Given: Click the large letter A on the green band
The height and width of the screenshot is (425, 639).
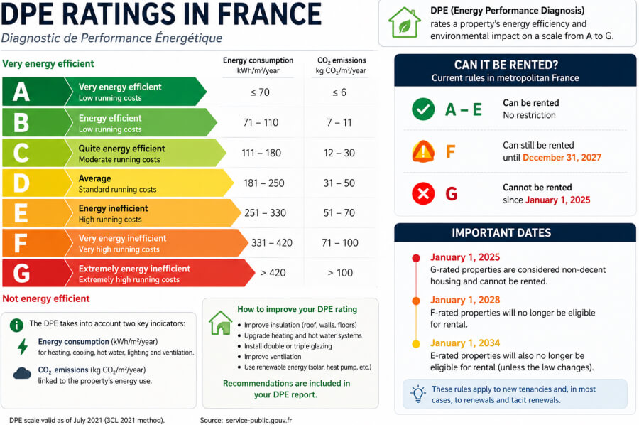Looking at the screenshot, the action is coord(21,92).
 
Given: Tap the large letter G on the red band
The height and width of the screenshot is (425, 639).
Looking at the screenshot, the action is coord(21,273).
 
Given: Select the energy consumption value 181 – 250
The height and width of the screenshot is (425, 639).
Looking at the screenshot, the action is coord(263,183).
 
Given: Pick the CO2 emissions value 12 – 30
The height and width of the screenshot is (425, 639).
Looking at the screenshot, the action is coord(339,153).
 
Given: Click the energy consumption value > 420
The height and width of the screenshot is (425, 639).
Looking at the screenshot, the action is coord(273,273).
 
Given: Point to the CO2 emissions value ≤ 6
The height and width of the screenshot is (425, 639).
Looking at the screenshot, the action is coord(339,92).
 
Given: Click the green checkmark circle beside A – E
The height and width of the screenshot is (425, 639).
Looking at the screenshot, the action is coord(423,109).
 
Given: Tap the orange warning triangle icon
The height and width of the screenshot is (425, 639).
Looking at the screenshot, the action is coord(423,151).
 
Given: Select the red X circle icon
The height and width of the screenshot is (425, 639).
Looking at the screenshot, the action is coord(423,193).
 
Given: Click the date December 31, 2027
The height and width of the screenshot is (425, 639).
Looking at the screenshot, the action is coord(562,158).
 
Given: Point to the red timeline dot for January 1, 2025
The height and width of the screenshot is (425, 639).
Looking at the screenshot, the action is coord(415,258).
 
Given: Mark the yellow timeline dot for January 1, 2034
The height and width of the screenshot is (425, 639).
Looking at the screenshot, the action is coord(415,343).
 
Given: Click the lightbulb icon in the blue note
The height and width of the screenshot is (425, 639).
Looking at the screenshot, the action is coord(418,394).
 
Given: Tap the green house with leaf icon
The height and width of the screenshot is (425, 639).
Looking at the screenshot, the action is coord(404,23).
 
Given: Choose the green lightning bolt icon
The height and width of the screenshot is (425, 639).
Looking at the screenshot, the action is coord(23,347).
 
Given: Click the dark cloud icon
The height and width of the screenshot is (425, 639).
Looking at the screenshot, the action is coord(22,373).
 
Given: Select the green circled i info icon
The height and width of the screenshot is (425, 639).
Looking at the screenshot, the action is coord(16,325).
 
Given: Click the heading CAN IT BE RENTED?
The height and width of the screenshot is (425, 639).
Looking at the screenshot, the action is coord(506,65).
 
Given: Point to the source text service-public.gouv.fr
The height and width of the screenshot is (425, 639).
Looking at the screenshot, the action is coord(258,420).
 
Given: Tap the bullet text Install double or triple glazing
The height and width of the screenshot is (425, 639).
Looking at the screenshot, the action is coord(288,346).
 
